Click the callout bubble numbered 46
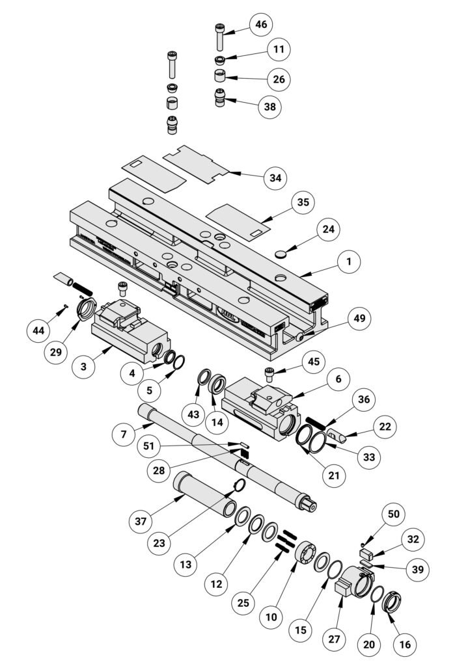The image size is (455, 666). tap(260, 25)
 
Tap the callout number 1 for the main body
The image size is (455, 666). tap(348, 261)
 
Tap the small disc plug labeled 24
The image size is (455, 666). tap(281, 254)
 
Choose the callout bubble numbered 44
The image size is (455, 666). tap(38, 330)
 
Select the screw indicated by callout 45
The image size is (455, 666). tap(271, 373)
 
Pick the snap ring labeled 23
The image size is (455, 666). tap(239, 485)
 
